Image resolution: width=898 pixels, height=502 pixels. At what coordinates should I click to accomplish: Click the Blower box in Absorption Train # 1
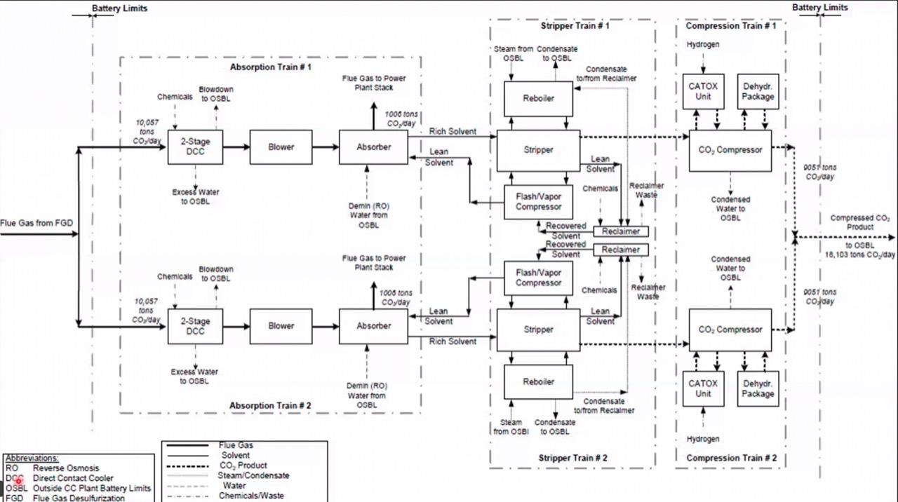281,147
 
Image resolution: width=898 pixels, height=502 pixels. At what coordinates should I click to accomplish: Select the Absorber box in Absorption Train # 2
373,326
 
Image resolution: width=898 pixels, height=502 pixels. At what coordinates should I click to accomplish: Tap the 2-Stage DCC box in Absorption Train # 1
195,147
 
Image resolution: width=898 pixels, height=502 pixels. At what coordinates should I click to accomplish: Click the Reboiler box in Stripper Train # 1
538,99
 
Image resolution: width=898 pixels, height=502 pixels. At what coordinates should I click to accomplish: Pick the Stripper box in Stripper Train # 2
538,330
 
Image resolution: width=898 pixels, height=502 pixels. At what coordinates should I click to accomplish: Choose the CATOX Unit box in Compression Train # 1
703,92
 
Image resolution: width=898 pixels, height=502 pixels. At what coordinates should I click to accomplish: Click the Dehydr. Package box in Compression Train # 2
758,389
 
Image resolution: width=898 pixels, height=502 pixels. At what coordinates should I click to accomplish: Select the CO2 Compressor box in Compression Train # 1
730,150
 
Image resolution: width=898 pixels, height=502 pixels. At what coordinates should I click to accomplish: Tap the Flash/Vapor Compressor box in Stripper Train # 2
538,278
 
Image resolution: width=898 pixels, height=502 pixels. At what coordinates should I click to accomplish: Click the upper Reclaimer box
621,231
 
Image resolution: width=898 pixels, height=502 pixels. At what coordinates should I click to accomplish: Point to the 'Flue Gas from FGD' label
36,224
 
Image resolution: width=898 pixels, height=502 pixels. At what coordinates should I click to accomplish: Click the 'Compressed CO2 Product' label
860,222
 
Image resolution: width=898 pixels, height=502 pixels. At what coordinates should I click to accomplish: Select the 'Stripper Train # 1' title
575,26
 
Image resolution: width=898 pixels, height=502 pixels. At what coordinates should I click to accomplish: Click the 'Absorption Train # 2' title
270,406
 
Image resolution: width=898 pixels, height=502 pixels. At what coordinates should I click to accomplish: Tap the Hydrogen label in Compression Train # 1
702,45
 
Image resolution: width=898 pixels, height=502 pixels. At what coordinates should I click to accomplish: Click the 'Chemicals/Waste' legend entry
251,496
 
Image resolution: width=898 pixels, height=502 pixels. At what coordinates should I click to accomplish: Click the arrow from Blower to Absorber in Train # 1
326,147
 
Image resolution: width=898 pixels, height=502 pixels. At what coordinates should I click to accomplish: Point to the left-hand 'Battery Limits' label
119,9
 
